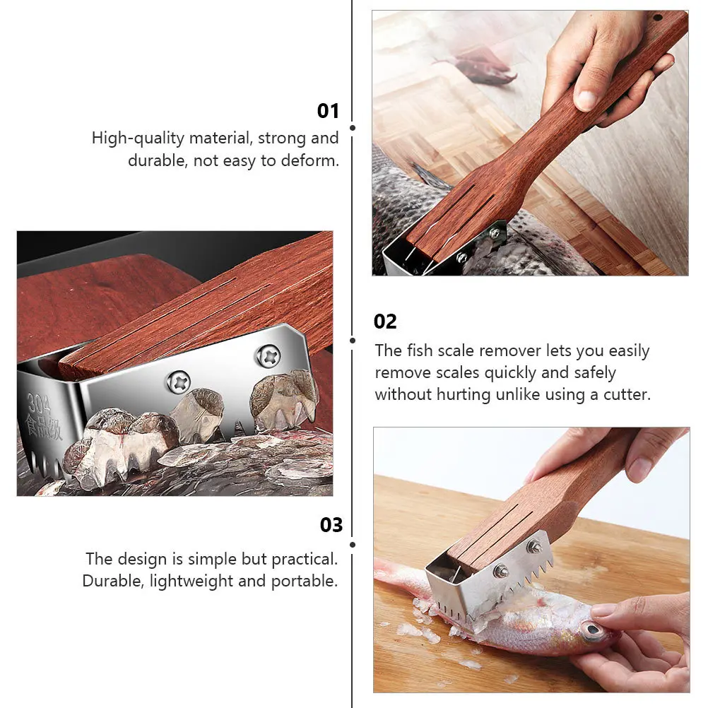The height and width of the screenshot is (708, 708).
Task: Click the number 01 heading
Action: pyautogui.click(x=328, y=111)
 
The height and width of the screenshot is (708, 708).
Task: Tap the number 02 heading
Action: pyautogui.click(x=385, y=321)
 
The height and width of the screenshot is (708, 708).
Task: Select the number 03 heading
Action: pyautogui.click(x=331, y=525)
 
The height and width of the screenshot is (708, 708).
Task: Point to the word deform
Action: pyautogui.click(x=311, y=160)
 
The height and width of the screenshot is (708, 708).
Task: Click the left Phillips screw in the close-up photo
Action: pyautogui.click(x=177, y=382)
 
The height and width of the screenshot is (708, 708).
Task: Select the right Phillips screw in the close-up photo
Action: pyautogui.click(x=268, y=355)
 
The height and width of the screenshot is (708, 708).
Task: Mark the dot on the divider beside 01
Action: pyautogui.click(x=353, y=128)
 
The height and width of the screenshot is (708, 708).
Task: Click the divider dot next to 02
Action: pyautogui.click(x=353, y=340)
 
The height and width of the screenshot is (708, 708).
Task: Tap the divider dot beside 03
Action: pyautogui.click(x=353, y=544)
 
